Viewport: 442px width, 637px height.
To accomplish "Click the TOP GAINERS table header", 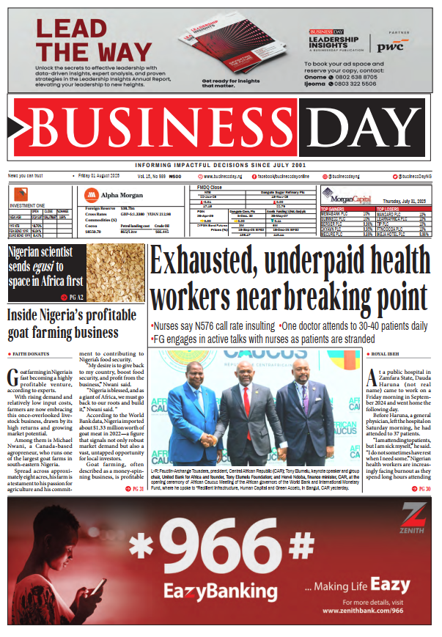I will (x=334, y=209).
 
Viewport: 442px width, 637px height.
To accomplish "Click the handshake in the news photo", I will (x=212, y=439).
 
